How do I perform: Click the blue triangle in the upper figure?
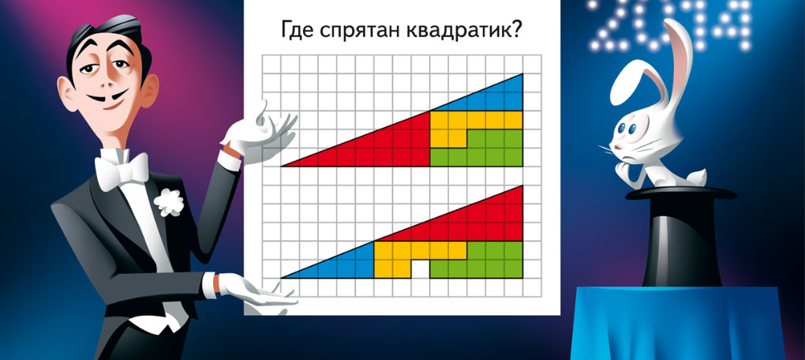[x=492, y=98]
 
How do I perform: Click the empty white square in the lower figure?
[x=421, y=269]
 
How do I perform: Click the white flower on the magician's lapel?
[x=169, y=202]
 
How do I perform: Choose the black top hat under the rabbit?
[x=681, y=236]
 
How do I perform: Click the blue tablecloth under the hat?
[x=678, y=323]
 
